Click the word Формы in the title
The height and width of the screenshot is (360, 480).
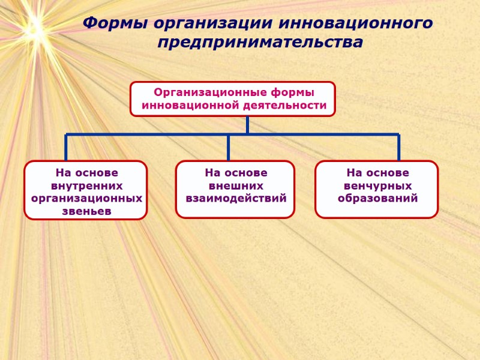point(115,24)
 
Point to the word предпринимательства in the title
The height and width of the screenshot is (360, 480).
point(260,43)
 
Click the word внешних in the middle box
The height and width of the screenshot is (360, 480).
point(236,185)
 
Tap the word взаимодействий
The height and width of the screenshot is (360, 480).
point(236,198)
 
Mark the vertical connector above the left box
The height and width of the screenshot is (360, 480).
point(66,148)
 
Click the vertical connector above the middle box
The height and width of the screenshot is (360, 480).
point(228,148)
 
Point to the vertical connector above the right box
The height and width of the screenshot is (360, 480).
point(399,148)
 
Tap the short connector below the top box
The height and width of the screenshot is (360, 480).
point(247,125)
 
